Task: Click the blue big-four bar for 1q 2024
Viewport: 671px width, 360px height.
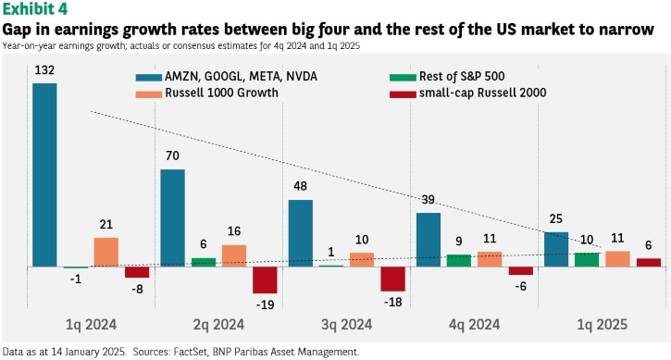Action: [x=44, y=175]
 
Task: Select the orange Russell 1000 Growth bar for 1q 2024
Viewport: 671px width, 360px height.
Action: [x=106, y=252]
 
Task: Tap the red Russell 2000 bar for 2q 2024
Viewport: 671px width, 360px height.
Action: [x=265, y=280]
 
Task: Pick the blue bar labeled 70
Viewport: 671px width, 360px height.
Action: [x=172, y=217]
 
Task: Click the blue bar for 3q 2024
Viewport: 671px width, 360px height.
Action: [x=301, y=233]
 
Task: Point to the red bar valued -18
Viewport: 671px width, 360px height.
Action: [x=392, y=279]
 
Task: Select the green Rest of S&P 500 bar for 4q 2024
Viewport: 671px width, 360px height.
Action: [x=459, y=261]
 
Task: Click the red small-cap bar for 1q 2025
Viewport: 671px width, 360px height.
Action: [x=649, y=263]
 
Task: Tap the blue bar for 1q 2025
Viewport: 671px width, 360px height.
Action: [x=556, y=250]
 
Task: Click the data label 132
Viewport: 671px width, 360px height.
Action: [x=44, y=70]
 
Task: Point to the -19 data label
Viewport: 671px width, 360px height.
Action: [x=265, y=304]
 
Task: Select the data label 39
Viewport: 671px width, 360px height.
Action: [x=428, y=200]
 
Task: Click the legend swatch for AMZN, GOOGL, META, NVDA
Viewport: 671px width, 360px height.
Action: [x=148, y=78]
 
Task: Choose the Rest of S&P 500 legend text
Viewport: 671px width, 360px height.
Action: [x=462, y=76]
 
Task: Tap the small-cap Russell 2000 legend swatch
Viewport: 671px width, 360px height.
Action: [x=403, y=94]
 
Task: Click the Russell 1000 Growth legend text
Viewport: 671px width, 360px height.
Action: [x=221, y=93]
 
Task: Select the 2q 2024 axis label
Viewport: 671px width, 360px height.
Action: [x=218, y=325]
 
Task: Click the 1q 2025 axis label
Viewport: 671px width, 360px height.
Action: [x=603, y=325]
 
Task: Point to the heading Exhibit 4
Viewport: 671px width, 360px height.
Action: [x=35, y=9]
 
